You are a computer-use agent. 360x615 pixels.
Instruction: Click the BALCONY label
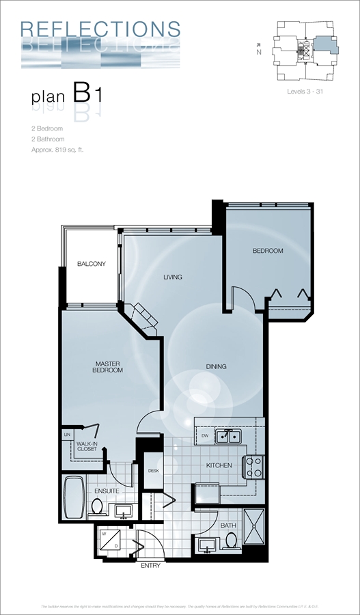pyautogui.click(x=91, y=264)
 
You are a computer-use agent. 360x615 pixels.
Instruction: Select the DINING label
pyautogui.click(x=216, y=366)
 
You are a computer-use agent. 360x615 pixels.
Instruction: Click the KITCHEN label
pyautogui.click(x=219, y=465)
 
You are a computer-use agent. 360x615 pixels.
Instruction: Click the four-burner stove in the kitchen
pyautogui.click(x=253, y=467)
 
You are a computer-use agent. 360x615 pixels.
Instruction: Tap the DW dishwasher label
pyautogui.click(x=204, y=435)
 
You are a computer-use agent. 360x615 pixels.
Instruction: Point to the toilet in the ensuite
pyautogui.click(x=97, y=507)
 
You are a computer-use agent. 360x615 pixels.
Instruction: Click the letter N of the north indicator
pyautogui.click(x=258, y=52)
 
